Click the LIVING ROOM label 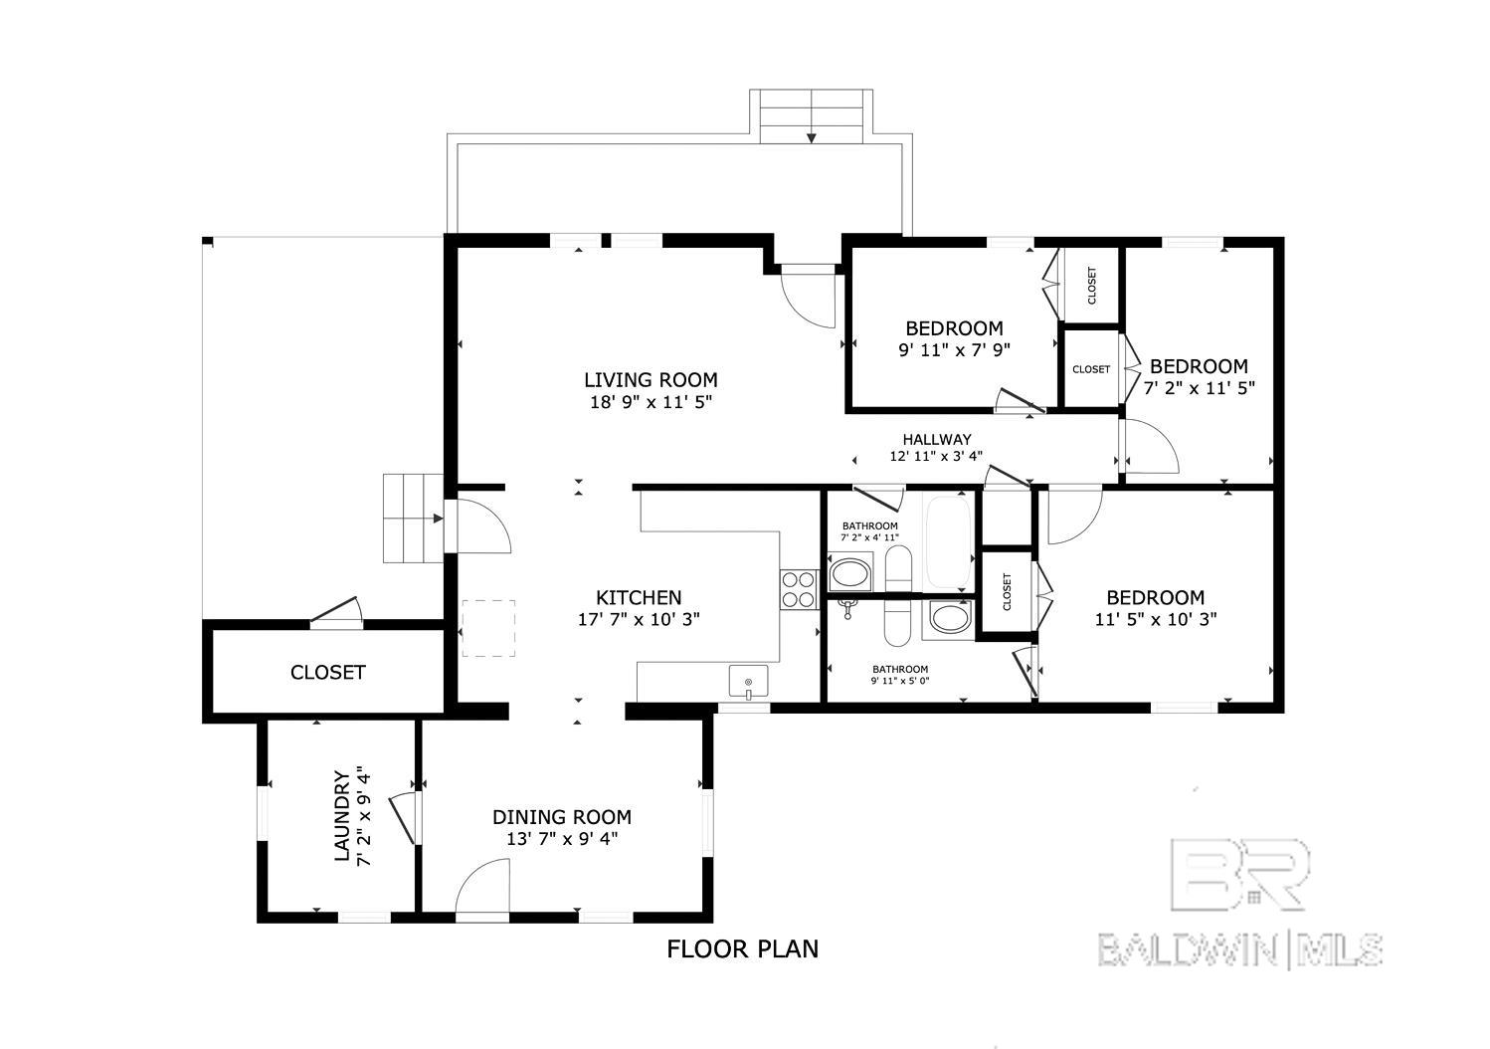pyautogui.click(x=651, y=380)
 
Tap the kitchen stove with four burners pyautogui.click(x=799, y=590)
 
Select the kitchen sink pyautogui.click(x=748, y=682)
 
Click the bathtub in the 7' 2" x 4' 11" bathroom pyautogui.click(x=947, y=540)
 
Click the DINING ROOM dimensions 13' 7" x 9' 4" pyautogui.click(x=562, y=839)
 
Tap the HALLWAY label pyautogui.click(x=937, y=439)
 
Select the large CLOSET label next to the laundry pyautogui.click(x=328, y=672)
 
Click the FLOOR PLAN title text pyautogui.click(x=742, y=949)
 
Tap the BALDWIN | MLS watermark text pyautogui.click(x=1240, y=949)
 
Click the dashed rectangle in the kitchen pyautogui.click(x=489, y=628)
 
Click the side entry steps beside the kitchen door pyautogui.click(x=413, y=519)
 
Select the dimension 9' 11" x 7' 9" pyautogui.click(x=955, y=350)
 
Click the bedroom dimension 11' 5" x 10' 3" pyautogui.click(x=1156, y=619)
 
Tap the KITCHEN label pyautogui.click(x=639, y=598)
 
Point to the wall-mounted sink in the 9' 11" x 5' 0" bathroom pyautogui.click(x=846, y=608)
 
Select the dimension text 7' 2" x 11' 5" pyautogui.click(x=1199, y=388)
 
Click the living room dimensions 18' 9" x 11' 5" pyautogui.click(x=652, y=402)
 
